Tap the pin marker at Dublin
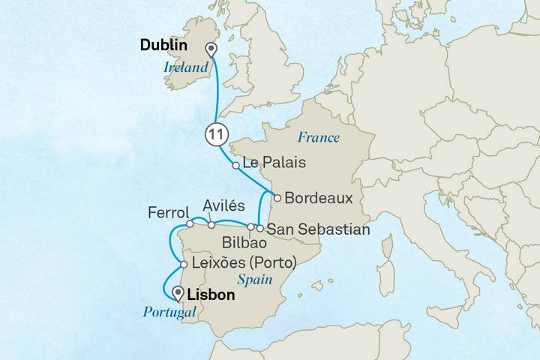coord(211,50)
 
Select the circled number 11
coord(215,133)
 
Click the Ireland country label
coord(186,67)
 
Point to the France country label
coord(319,137)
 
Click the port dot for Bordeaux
coord(277,199)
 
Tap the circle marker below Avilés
coord(211,224)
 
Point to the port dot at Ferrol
coord(190,223)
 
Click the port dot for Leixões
coord(184,264)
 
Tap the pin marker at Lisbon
coord(178,292)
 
